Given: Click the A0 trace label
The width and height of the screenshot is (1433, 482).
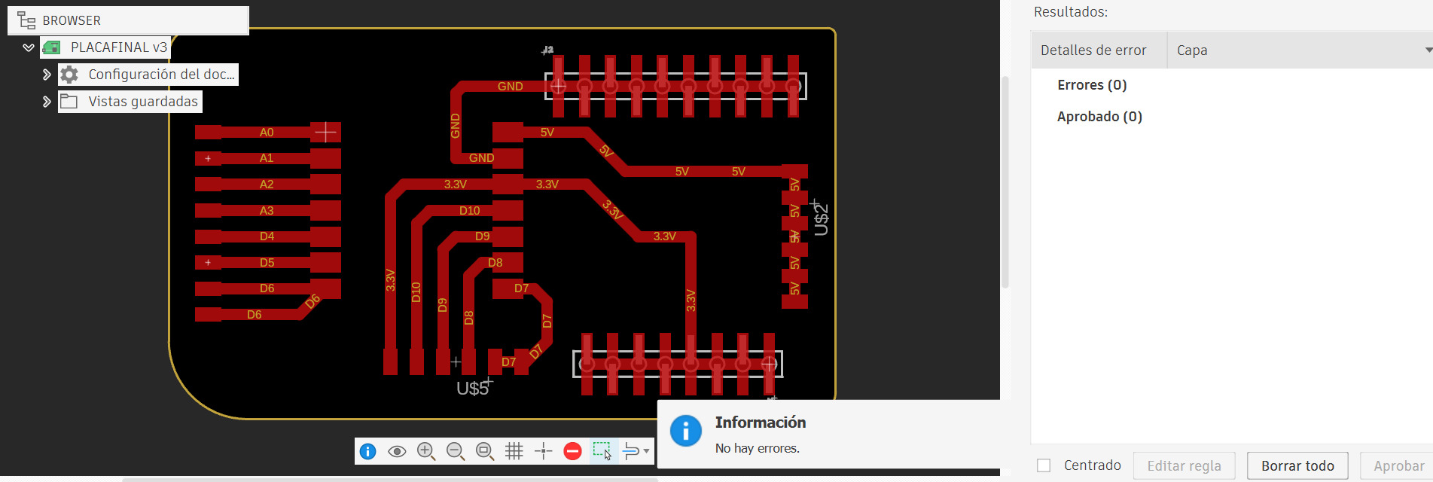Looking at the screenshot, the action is tap(267, 133).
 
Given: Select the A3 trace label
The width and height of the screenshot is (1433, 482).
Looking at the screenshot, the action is tap(267, 211).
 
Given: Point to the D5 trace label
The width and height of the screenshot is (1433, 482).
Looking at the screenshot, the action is tap(267, 263).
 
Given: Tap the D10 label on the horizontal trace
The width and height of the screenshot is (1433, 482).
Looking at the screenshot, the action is tap(470, 211).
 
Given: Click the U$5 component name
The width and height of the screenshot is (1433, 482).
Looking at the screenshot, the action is tap(473, 389).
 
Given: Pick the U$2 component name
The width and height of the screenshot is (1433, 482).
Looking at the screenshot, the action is tap(821, 220).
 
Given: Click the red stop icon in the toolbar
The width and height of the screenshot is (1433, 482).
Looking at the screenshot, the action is tap(572, 451).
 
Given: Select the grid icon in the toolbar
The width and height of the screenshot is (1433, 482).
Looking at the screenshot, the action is tap(514, 451).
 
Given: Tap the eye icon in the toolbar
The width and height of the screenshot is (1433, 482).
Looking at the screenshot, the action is tap(397, 451).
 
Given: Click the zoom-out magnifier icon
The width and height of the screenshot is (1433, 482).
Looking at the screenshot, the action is tap(456, 451).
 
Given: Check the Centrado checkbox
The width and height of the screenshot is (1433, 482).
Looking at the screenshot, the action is tap(1044, 465).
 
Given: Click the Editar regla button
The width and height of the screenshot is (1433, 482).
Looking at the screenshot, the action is tap(1185, 466).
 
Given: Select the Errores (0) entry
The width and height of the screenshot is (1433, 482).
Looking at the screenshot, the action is tap(1092, 85).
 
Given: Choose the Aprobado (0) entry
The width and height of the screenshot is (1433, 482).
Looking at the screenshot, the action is tap(1099, 117).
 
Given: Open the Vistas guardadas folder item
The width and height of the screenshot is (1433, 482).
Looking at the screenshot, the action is tap(143, 102).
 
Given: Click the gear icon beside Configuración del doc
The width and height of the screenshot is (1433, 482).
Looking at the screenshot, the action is tap(69, 75).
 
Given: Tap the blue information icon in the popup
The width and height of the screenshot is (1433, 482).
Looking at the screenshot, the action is tap(686, 431).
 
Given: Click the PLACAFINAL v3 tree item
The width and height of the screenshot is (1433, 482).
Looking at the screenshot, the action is tap(119, 47).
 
